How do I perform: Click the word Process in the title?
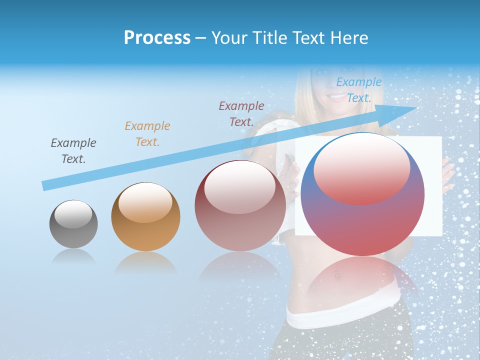pos(157,38)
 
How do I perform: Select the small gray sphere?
pos(73,224)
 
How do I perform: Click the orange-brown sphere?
pos(145,217)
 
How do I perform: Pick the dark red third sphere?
pos(240,206)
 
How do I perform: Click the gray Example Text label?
pos(73,151)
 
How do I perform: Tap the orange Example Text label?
pos(147,133)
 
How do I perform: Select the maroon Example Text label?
pos(241,113)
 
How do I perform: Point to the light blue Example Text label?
pos(358,90)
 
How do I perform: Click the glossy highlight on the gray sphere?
pos(73,214)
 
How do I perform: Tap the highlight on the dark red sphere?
pos(240,186)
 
